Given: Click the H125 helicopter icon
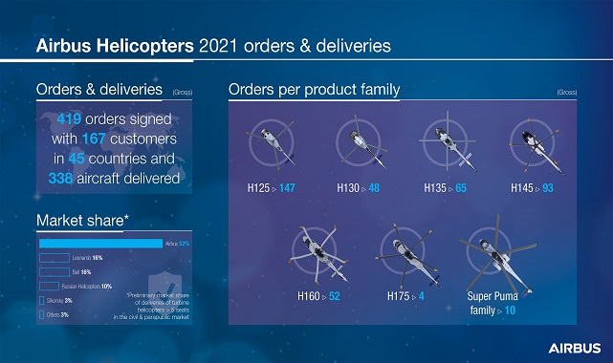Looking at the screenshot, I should pos(271,142).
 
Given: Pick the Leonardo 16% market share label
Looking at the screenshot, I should pos(87,258).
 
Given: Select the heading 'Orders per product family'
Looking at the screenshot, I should pos(314,91).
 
